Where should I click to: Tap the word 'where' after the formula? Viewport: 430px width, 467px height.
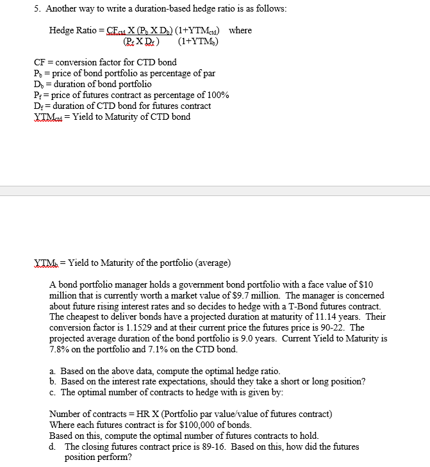coord(240,31)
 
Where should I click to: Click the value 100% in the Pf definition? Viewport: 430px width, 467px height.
coord(218,95)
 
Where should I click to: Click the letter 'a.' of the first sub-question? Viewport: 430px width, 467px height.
coord(53,371)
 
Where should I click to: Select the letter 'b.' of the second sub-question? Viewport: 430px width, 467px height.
coord(53,382)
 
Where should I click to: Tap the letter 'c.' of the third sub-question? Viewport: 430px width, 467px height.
coord(53,393)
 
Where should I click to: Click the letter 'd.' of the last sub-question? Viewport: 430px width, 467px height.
coord(53,447)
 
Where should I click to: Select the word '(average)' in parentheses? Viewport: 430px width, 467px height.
coord(210,263)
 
